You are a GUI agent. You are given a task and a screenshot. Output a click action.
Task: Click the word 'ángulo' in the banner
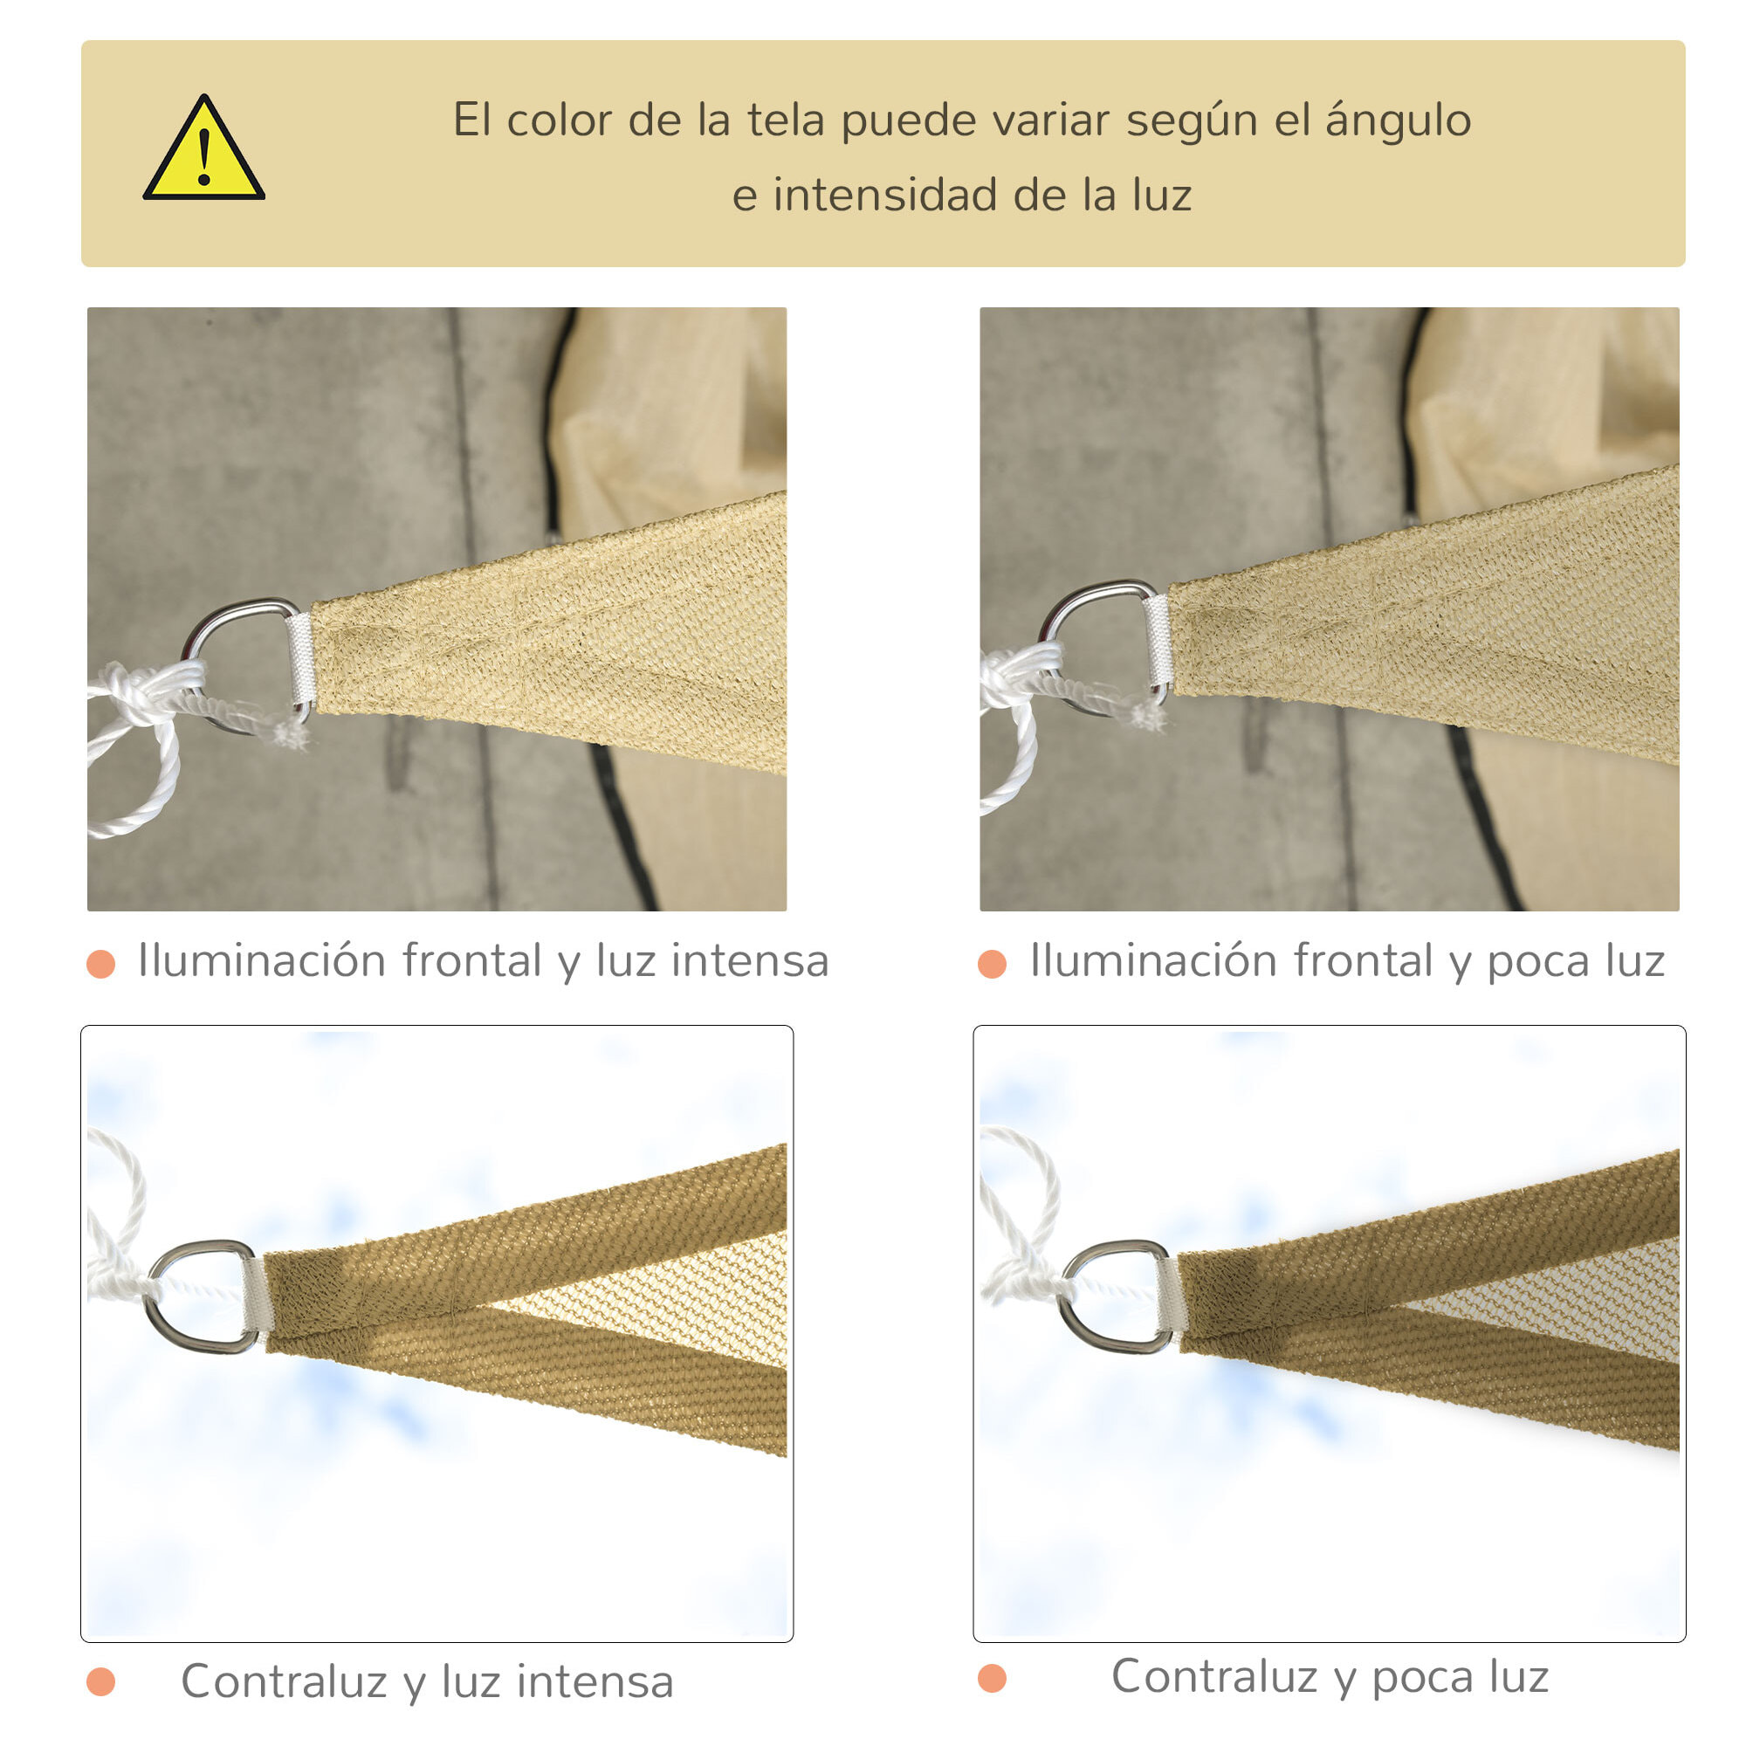click(1397, 121)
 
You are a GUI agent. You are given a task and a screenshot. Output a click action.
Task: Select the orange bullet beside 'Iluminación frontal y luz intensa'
click(100, 964)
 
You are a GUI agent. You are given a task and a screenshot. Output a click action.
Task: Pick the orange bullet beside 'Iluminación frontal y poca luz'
click(993, 964)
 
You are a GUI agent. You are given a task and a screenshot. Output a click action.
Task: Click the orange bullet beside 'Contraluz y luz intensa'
click(100, 1682)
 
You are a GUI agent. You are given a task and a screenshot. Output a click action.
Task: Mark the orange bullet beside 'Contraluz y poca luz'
click(993, 1678)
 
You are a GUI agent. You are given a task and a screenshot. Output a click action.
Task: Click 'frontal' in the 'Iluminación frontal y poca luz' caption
click(1363, 960)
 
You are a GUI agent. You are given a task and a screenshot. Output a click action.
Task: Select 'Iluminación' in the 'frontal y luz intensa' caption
click(261, 960)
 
